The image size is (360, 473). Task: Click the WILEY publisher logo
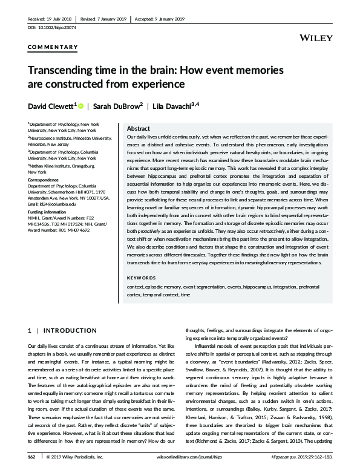click(x=316, y=38)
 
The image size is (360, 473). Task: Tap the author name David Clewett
click(x=49, y=106)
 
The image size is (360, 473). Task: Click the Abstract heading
click(x=139, y=129)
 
